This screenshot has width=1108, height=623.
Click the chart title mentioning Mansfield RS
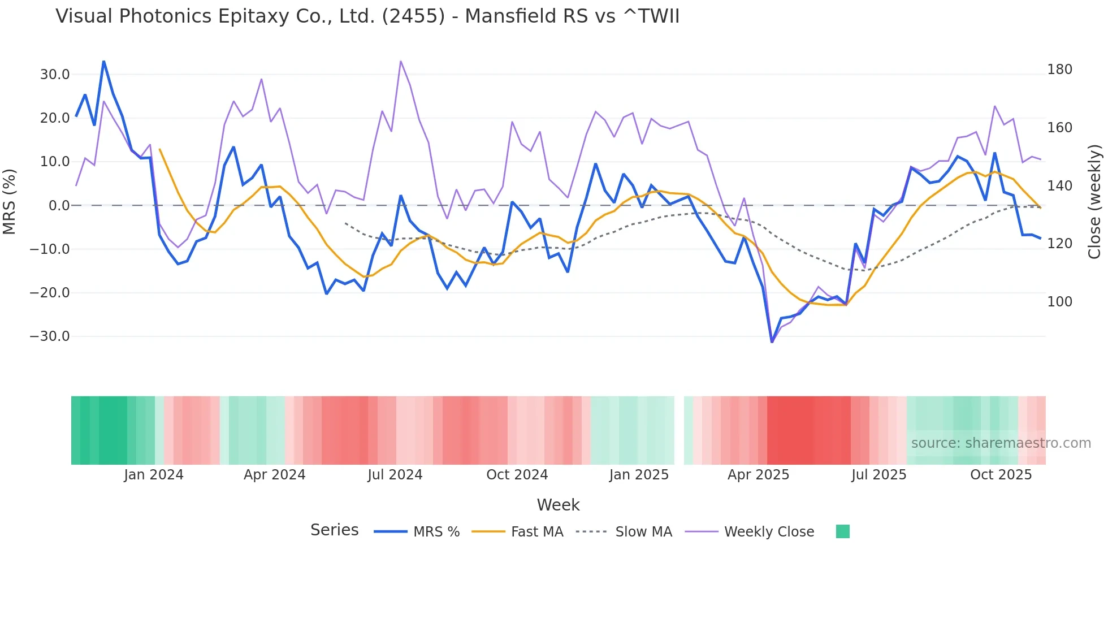click(x=367, y=16)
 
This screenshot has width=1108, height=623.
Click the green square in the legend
click(x=842, y=531)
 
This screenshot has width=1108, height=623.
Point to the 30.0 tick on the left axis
click(x=55, y=75)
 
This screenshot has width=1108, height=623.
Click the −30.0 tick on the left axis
click(x=50, y=336)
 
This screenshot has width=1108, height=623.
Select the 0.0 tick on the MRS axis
click(x=59, y=206)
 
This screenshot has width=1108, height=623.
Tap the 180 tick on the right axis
click(x=1059, y=70)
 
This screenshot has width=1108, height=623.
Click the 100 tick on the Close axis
click(x=1059, y=302)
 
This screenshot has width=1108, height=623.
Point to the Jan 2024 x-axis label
click(x=154, y=475)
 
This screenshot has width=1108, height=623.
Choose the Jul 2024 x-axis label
click(x=395, y=475)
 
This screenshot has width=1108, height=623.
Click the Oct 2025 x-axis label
click(x=1001, y=475)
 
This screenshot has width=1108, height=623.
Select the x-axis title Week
click(x=558, y=505)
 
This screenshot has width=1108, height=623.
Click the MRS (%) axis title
click(x=10, y=201)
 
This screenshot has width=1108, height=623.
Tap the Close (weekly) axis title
click(x=1094, y=201)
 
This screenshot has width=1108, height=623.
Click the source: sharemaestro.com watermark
click(x=1001, y=443)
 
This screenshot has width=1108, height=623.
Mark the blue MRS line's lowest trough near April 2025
click(x=772, y=341)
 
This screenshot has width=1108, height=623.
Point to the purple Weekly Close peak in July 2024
click(x=401, y=61)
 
